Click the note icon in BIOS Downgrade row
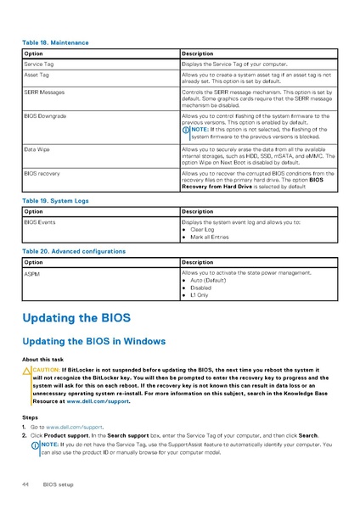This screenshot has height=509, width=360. pyautogui.click(x=187, y=129)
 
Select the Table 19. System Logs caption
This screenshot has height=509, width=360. pyautogui.click(x=56, y=200)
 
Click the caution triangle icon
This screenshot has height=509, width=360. pyautogui.click(x=27, y=371)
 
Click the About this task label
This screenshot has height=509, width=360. pyautogui.click(x=43, y=360)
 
